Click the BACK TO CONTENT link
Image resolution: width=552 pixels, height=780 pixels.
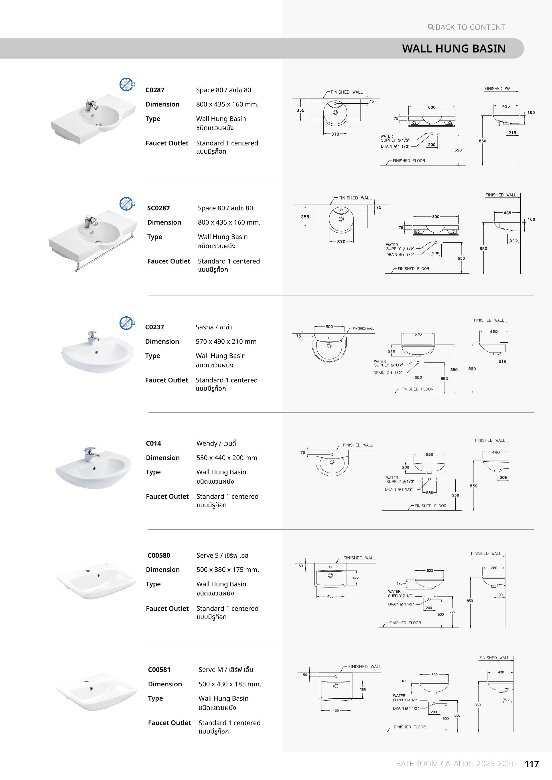(467, 27)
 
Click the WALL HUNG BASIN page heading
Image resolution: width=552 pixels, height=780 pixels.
(454, 48)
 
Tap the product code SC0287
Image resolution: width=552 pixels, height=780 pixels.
(158, 208)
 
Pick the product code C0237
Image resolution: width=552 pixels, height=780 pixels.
(154, 327)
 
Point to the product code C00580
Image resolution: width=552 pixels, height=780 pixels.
(159, 555)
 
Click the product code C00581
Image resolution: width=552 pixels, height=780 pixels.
(159, 669)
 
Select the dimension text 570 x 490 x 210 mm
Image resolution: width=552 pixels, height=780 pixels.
(226, 342)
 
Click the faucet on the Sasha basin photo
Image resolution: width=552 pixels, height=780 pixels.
(93, 337)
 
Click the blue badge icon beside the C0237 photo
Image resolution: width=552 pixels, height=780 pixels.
(127, 323)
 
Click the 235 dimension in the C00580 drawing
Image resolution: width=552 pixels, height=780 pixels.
(355, 577)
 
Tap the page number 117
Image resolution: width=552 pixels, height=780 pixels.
(532, 764)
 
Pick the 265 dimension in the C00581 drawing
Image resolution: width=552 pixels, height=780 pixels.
(363, 690)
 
